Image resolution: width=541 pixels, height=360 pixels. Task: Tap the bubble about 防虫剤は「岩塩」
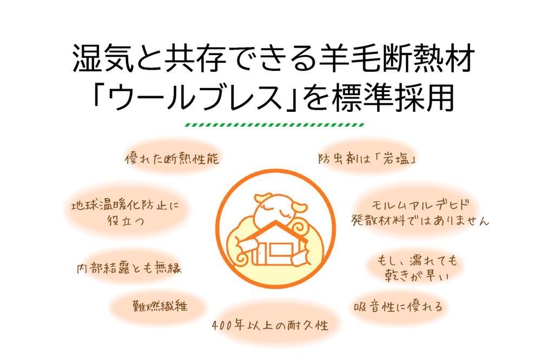pos(367,158)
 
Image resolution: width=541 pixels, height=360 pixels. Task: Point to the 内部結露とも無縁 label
pos(129,268)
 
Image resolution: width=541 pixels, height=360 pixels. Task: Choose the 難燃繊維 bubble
pos(160,306)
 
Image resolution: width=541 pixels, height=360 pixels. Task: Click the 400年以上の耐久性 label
pos(270,324)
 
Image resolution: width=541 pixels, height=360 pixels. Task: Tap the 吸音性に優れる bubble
pos(398,306)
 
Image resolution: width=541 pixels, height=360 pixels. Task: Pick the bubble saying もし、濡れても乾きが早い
pos(417,267)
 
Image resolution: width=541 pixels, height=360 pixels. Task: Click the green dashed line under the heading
pos(275,125)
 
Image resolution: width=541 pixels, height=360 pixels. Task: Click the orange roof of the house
pos(274,231)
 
